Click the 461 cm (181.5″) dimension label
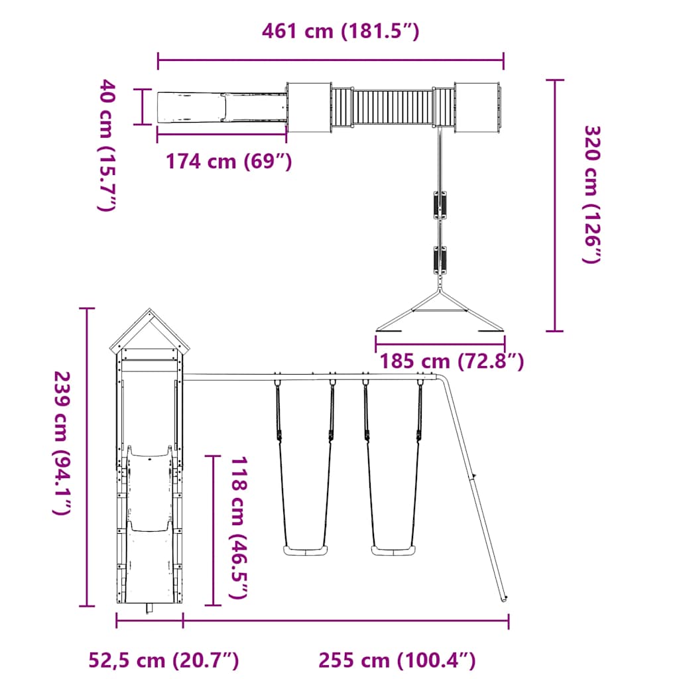tap(340, 31)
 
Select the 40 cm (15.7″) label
tap(107, 145)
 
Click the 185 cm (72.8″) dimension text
tap(452, 361)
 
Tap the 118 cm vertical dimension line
tap(213, 530)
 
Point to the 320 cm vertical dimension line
tap(555, 205)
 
